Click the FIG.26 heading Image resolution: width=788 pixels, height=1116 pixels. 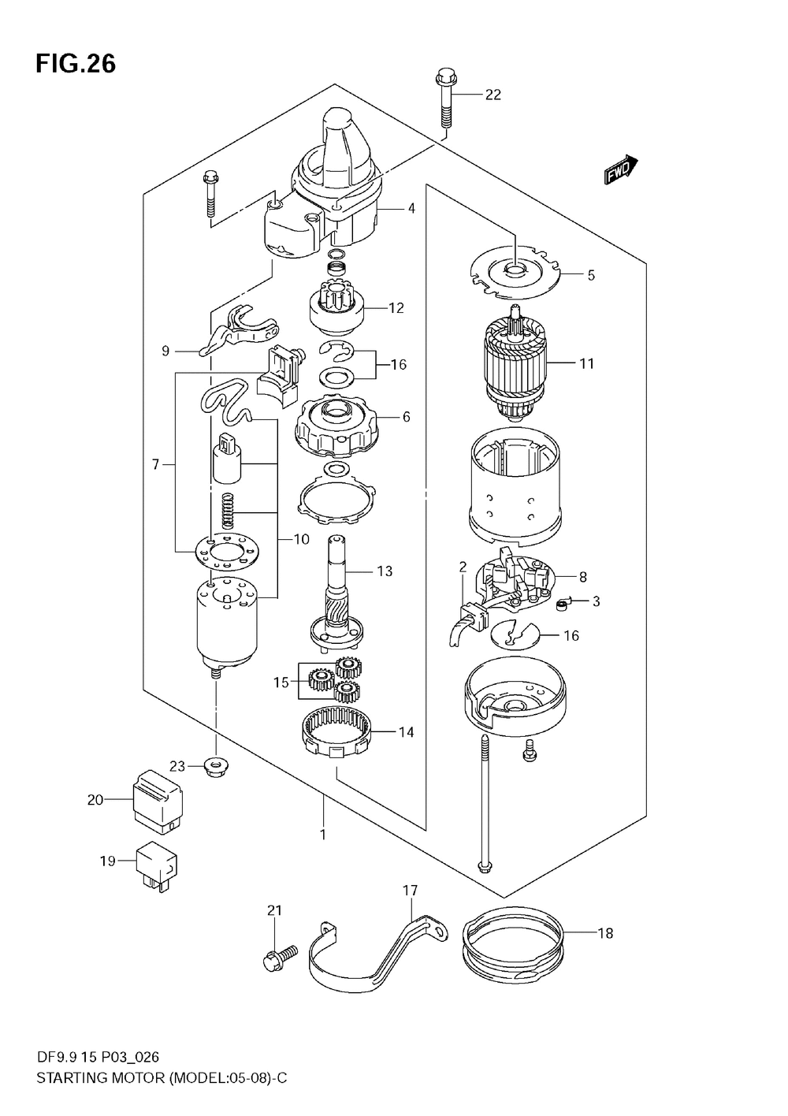[x=76, y=65]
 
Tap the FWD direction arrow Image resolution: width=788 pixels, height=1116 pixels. [x=621, y=170]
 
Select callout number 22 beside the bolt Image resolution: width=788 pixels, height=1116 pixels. [x=493, y=95]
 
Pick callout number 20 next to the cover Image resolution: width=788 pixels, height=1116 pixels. [x=95, y=800]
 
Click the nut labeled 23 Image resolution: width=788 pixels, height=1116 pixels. [x=214, y=768]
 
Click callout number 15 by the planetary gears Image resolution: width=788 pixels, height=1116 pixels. [x=281, y=682]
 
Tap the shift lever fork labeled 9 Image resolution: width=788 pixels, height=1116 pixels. [x=238, y=331]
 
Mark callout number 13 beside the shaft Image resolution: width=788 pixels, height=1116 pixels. [x=385, y=571]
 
